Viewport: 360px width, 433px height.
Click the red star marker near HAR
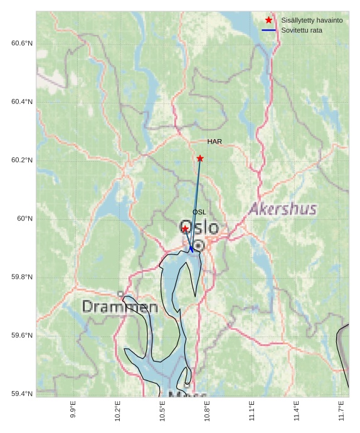pos(200,159)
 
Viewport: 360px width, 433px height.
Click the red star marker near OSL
pos(185,229)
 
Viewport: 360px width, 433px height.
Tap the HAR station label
pos(214,142)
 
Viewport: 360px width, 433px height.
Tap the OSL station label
pos(199,212)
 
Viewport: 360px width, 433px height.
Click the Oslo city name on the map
pos(199,227)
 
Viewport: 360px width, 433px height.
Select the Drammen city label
pos(120,307)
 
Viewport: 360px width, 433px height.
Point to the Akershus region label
pos(282,209)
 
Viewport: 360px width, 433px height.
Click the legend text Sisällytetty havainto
pos(312,21)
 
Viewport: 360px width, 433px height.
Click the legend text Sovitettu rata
pos(302,30)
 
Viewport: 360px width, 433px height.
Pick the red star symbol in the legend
pos(269,20)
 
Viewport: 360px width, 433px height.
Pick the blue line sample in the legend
pos(269,30)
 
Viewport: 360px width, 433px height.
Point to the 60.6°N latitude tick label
pos(22,43)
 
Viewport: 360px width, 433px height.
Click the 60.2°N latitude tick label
pos(22,160)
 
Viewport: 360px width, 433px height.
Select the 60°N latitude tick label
pos(24,219)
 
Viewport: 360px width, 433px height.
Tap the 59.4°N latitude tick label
pos(22,394)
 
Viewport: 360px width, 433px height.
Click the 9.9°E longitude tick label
pos(73,409)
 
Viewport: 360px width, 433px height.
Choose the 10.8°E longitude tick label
pos(207,409)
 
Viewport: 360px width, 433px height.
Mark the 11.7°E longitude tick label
pos(341,409)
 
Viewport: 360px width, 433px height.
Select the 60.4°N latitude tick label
pos(22,102)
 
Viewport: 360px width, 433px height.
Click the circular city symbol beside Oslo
pos(198,246)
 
